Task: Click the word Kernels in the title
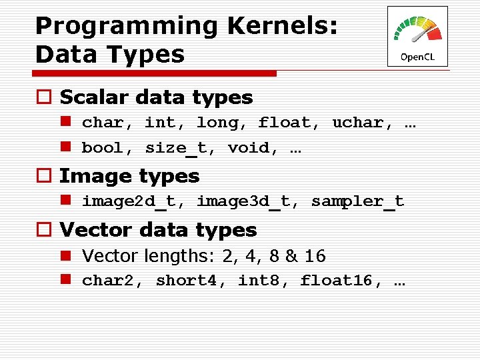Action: (283, 26)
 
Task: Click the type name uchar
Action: (358, 123)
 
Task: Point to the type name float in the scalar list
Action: (285, 123)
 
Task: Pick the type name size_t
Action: (175, 148)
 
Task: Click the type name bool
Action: (102, 148)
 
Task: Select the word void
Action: (248, 148)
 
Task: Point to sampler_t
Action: (357, 201)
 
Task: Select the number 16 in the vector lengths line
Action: (314, 255)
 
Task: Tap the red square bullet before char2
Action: (67, 280)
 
